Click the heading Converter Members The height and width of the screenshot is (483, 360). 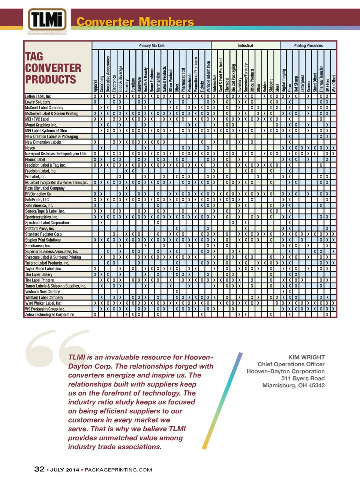point(135,22)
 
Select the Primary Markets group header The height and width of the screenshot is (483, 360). point(151,45)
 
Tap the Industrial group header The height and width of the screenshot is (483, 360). point(245,45)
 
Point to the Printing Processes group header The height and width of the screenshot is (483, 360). point(308,45)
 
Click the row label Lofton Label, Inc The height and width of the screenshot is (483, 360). point(38,96)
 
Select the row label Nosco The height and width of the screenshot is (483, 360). point(30,148)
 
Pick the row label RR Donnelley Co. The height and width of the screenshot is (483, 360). point(38,194)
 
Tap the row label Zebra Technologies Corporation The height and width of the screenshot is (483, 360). point(49,314)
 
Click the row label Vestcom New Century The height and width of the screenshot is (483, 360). point(42,292)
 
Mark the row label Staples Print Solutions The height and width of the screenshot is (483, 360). point(43,240)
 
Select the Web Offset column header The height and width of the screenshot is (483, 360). point(333,83)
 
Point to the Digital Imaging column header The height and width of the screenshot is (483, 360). point(284,80)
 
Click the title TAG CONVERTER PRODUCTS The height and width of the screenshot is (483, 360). point(53,68)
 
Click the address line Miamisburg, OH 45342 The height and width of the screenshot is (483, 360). point(293,385)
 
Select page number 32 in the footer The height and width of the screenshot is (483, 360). point(39,469)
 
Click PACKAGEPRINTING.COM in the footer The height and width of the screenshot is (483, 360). point(118,470)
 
